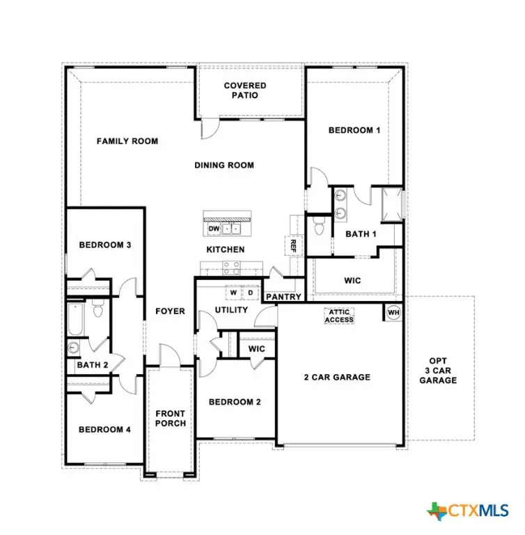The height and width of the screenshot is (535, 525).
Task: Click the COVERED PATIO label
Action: point(244,91)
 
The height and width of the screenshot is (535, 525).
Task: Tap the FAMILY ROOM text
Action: point(127,141)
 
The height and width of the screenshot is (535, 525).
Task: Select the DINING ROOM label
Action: point(224,165)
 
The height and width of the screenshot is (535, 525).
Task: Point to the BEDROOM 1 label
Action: point(354,130)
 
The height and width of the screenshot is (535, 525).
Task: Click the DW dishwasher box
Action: point(214,228)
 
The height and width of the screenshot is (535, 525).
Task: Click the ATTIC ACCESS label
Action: point(338,316)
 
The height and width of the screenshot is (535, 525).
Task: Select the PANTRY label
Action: point(284,297)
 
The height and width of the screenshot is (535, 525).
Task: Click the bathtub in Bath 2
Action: point(75,320)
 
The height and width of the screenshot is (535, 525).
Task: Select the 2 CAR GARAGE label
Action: point(337,378)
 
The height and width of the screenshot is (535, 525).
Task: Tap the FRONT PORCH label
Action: point(171,418)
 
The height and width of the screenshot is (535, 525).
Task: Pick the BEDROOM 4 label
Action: point(104,430)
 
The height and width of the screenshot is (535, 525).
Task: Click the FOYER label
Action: point(170,311)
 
